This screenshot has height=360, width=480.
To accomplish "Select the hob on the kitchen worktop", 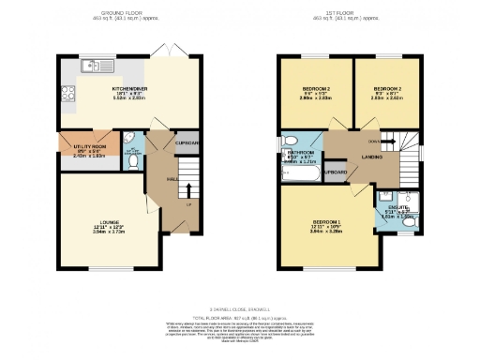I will [x=67, y=92].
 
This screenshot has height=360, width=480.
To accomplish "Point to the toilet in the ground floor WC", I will [x=132, y=161].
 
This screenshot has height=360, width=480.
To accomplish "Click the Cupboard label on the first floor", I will [x=336, y=172].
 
